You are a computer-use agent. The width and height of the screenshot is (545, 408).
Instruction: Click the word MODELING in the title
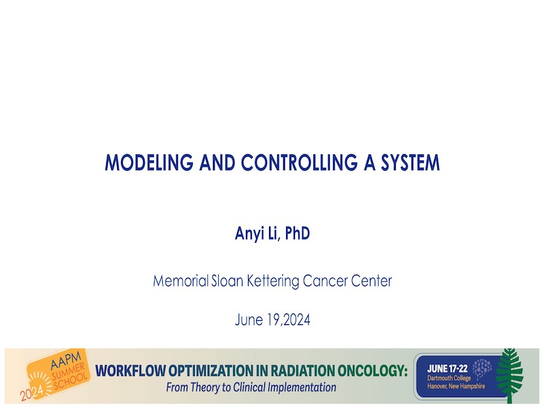[149, 163]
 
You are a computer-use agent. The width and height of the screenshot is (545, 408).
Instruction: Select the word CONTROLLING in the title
[299, 163]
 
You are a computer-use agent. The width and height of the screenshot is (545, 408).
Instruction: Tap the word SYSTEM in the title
[411, 163]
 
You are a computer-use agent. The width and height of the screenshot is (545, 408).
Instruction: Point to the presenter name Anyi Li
[257, 233]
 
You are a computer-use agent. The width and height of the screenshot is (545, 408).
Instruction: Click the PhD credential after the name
[297, 233]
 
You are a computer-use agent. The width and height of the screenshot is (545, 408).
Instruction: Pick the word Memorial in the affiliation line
[181, 281]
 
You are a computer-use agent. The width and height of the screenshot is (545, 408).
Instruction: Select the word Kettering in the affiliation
[273, 282]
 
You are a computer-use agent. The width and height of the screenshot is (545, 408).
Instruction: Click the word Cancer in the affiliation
[325, 281]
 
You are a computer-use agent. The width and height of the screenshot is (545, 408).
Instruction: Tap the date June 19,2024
[272, 320]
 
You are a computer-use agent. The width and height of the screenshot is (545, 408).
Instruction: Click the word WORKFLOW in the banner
[130, 371]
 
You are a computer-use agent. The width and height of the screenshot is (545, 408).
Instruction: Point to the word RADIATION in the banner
[302, 371]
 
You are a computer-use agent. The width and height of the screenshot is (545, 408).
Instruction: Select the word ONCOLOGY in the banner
[373, 371]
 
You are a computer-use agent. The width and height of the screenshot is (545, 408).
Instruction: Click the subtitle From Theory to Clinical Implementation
[251, 387]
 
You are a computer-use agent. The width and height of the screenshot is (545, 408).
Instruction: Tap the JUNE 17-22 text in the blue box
[448, 369]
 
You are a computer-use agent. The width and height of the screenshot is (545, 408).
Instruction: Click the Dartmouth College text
[449, 378]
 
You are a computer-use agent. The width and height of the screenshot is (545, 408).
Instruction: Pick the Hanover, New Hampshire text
[456, 386]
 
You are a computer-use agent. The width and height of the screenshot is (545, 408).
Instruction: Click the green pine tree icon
[510, 375]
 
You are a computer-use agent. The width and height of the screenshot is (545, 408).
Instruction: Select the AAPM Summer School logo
[55, 375]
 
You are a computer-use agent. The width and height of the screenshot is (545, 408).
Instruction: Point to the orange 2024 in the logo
[31, 393]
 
